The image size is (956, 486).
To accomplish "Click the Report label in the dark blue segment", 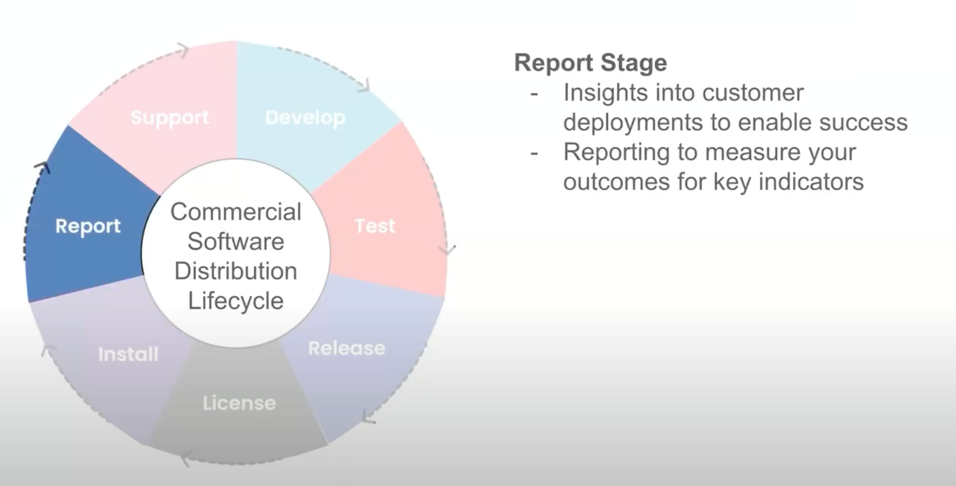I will point(88,226).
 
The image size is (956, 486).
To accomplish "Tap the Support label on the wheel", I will point(170,117).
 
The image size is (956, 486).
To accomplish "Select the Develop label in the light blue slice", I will point(305,118).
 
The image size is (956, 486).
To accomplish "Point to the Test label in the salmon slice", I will point(375,226).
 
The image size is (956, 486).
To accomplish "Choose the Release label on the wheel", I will point(347,348).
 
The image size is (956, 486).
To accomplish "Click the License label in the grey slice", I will point(239,403).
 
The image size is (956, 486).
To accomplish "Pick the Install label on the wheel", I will point(128,354).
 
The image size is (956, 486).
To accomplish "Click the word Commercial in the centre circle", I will point(235,212).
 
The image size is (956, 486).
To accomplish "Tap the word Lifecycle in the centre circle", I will point(235,301).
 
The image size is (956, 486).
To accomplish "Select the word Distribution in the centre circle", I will point(235,271).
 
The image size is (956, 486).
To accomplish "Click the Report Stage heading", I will point(590,63).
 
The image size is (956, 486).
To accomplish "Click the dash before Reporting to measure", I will point(534,153).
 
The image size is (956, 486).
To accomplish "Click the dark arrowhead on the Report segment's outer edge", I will point(42,167).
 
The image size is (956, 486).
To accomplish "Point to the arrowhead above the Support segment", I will point(183,50).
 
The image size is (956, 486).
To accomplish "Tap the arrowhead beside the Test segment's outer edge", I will point(447,249).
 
